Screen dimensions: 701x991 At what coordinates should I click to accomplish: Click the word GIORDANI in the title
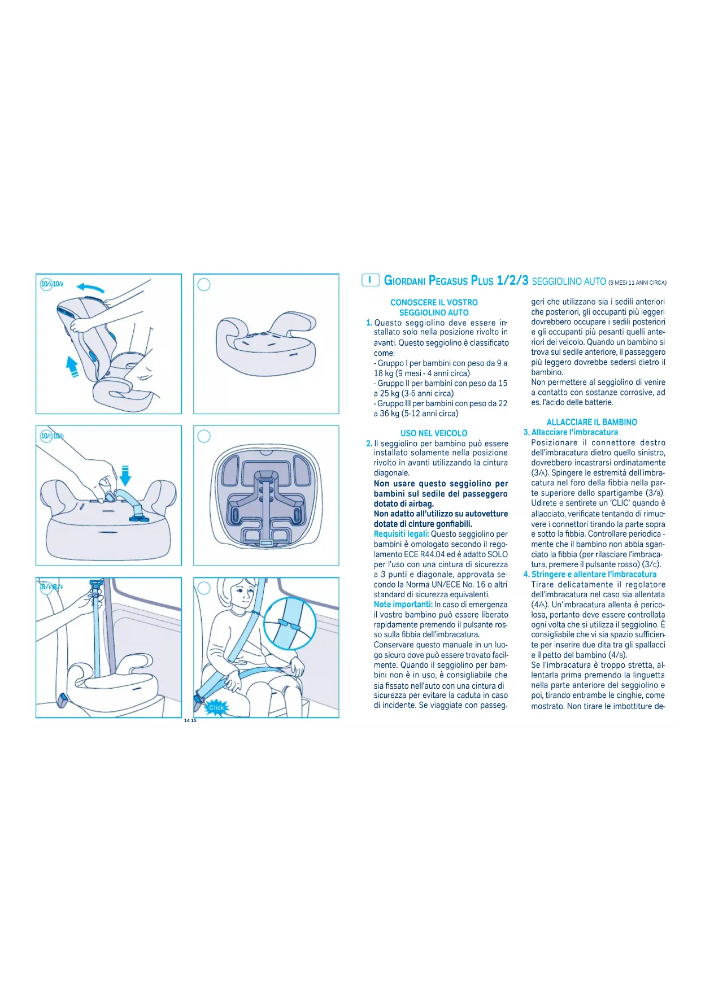(x=404, y=281)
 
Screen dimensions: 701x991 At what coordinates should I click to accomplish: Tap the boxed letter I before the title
(x=370, y=280)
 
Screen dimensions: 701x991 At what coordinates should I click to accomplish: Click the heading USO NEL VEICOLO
(x=434, y=433)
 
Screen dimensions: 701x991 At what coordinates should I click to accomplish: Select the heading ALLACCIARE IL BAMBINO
(x=591, y=422)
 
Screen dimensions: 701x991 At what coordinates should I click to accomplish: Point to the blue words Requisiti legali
(x=401, y=534)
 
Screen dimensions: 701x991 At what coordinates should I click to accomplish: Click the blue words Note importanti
(x=403, y=605)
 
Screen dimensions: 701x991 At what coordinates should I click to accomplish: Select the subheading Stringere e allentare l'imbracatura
(x=594, y=574)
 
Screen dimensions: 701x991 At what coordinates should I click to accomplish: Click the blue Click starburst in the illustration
(x=216, y=707)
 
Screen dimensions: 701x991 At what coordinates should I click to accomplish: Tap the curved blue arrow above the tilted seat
(x=90, y=288)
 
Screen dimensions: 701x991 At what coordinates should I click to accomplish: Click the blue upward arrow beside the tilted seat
(x=72, y=366)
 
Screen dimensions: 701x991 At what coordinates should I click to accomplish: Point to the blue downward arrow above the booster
(x=125, y=475)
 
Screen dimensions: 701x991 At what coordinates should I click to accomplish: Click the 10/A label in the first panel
(x=46, y=284)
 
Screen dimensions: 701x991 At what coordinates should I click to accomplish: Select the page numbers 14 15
(x=190, y=720)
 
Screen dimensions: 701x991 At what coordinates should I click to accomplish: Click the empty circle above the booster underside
(x=204, y=436)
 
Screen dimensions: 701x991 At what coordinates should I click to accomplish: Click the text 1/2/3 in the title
(x=512, y=281)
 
